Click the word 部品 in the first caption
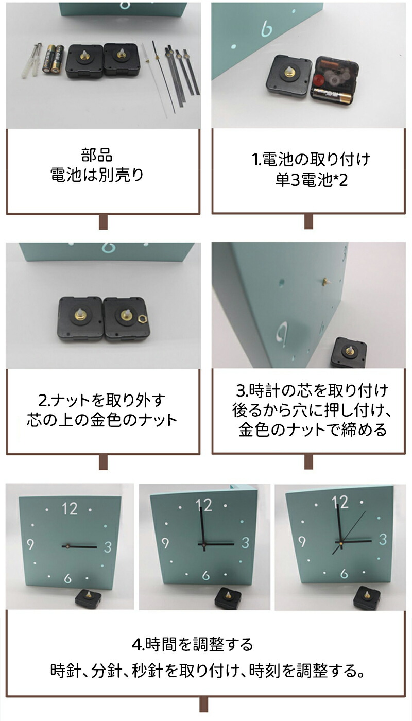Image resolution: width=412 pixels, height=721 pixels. point(97,155)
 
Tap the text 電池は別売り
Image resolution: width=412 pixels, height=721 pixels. point(97,175)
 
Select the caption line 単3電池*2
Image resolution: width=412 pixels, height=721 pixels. point(311,180)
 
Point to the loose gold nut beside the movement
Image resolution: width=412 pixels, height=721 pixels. point(142,319)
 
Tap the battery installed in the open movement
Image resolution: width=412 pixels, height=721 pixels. point(332,96)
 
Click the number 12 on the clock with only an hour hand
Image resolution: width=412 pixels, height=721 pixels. point(70,509)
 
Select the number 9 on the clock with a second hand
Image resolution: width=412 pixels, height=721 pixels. point(302,541)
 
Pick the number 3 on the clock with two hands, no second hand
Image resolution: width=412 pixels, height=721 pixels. point(245,543)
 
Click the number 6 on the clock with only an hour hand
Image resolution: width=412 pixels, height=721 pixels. point(67,578)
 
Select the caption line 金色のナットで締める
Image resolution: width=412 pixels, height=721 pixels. point(312,430)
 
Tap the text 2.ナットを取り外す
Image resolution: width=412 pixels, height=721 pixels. point(102,400)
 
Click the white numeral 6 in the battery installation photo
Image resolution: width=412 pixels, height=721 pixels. point(267,28)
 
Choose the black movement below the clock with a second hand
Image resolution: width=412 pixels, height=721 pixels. point(367,598)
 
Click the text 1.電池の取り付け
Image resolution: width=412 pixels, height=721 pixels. point(311,159)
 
